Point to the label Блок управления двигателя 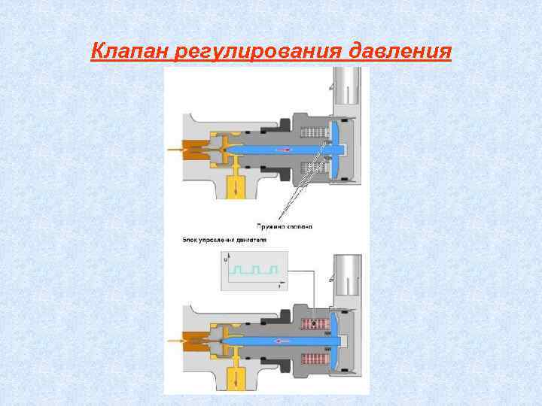[x=224, y=240]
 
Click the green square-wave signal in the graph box [x=256, y=269]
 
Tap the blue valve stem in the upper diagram [x=279, y=150]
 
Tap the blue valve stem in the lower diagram [x=279, y=340]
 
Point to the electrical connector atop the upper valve [x=346, y=86]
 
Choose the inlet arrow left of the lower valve [x=178, y=341]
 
